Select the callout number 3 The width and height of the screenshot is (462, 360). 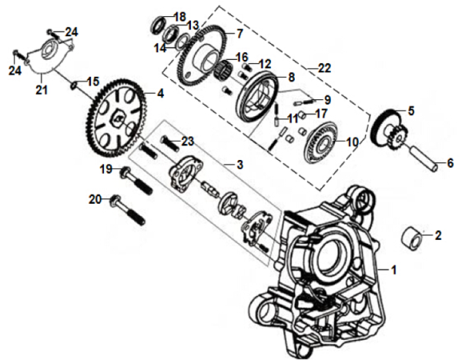(x=239, y=165)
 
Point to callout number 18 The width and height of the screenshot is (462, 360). (x=179, y=17)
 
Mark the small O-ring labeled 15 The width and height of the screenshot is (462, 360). (x=76, y=82)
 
